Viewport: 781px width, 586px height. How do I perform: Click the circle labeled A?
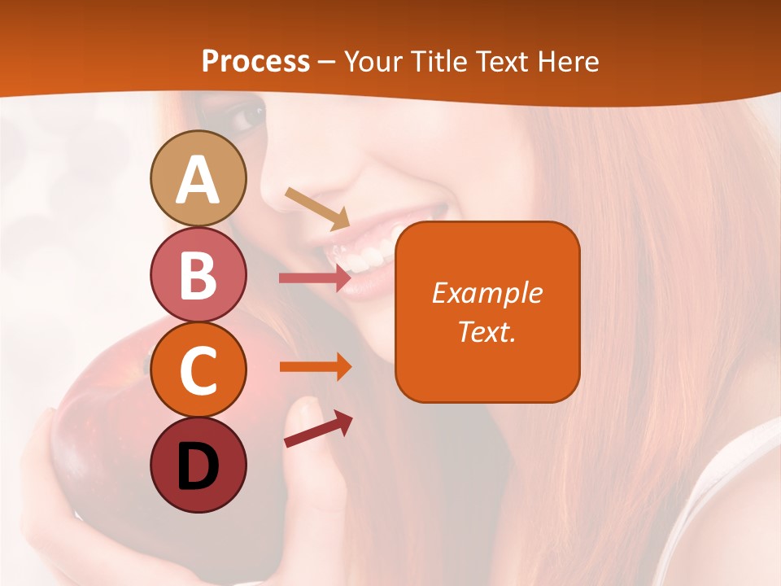coord(198,178)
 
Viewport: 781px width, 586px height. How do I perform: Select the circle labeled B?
coord(198,275)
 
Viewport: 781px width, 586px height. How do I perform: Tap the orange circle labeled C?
coord(198,370)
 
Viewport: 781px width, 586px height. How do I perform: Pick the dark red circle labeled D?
coord(198,465)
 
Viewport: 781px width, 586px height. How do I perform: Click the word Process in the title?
coord(255,62)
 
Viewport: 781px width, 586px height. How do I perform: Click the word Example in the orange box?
coord(487,293)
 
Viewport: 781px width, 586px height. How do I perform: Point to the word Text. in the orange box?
coord(487,331)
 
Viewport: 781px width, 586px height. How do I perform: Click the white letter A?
coord(198,180)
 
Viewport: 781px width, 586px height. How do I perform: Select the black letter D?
coord(198,466)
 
